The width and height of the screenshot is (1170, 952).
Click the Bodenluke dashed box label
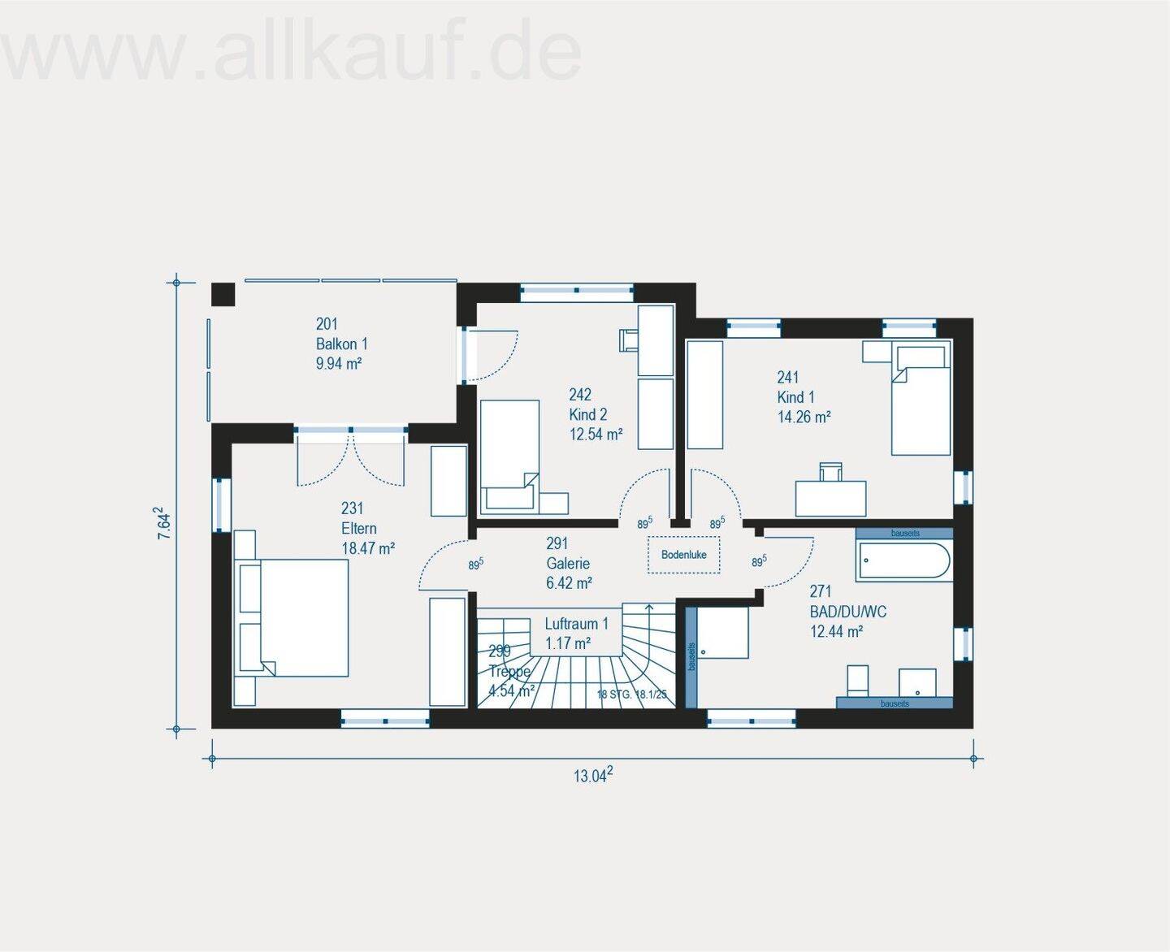(x=683, y=556)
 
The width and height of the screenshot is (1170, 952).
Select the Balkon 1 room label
(x=341, y=344)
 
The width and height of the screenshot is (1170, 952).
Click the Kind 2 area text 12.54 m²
(x=596, y=435)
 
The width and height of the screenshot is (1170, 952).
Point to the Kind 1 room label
(x=795, y=397)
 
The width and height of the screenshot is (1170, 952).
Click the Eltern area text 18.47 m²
(x=367, y=548)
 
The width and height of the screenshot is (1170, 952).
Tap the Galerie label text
(x=568, y=564)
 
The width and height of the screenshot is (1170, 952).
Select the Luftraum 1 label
(x=576, y=624)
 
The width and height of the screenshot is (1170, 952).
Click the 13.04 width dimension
(x=592, y=776)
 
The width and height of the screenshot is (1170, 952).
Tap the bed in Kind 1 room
(x=921, y=400)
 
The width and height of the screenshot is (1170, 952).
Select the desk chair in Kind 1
(x=831, y=471)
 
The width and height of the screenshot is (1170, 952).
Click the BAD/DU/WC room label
(x=847, y=612)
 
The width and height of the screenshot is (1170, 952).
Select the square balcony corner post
(x=223, y=294)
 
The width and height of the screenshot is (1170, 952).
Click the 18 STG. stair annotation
(x=631, y=695)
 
